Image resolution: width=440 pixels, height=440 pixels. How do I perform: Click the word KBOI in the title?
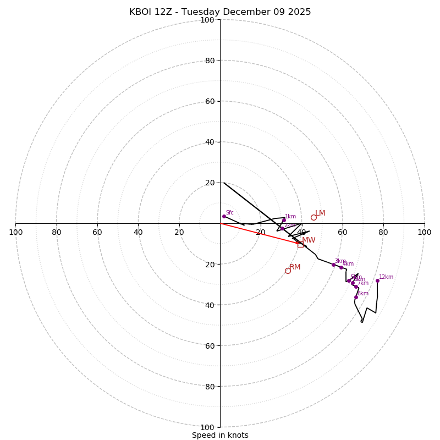tap(140, 12)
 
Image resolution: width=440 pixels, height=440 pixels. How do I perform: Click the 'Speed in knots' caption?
tap(220, 435)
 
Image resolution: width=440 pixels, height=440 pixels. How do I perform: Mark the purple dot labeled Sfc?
tap(224, 216)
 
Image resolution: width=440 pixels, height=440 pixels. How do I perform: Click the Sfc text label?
tap(229, 213)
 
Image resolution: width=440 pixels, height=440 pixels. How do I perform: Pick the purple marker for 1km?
tap(284, 220)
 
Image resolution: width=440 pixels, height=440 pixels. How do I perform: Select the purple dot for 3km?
tap(333, 265)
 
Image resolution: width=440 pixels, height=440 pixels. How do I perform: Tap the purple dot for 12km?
tap(377, 280)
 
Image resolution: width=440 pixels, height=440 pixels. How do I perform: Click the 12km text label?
tap(386, 277)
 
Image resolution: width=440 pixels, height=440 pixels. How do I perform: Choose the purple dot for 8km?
tap(356, 297)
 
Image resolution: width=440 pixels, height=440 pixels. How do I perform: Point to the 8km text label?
tap(363, 294)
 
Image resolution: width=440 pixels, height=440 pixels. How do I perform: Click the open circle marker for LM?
tap(313, 217)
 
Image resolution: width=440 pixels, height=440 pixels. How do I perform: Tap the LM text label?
tap(320, 213)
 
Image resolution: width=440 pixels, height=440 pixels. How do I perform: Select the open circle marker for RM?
tap(288, 271)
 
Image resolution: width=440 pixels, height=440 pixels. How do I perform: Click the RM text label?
tap(295, 267)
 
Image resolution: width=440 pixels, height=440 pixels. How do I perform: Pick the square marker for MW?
tap(300, 244)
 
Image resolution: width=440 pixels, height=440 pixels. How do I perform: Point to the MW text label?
tap(309, 240)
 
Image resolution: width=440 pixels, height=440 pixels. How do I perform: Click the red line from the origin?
tap(258, 233)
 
